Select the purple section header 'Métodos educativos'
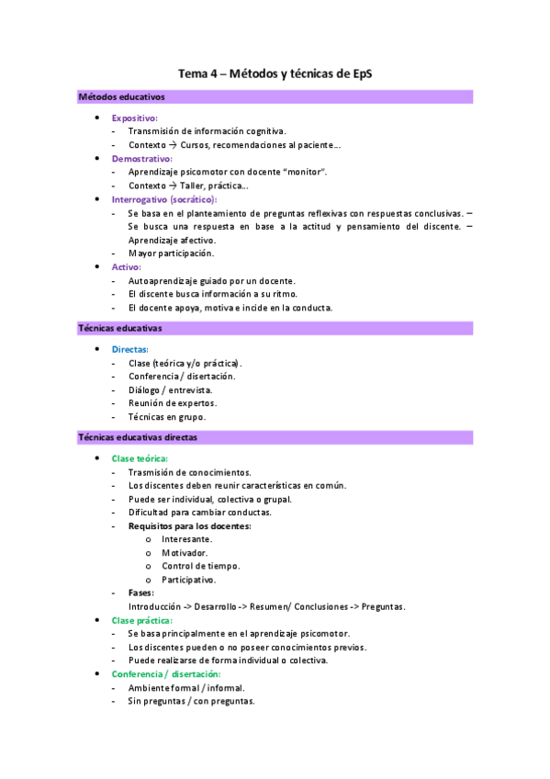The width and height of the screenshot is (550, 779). (121, 96)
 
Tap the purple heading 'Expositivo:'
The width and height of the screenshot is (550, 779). (135, 118)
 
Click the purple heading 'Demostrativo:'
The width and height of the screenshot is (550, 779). (142, 158)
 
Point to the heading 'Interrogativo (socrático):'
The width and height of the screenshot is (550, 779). (164, 198)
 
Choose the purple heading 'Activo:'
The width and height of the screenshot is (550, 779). (127, 266)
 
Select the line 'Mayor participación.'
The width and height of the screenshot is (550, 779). (171, 253)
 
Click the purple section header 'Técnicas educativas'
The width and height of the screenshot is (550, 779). (120, 327)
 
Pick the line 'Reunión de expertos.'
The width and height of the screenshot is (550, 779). (173, 402)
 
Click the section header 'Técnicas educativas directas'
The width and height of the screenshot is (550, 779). (138, 437)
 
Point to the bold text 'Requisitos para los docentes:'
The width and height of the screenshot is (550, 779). (190, 525)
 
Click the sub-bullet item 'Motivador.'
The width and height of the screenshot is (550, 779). (185, 553)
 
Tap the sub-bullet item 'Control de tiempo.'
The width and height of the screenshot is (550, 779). (201, 566)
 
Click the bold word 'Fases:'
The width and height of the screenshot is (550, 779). (141, 593)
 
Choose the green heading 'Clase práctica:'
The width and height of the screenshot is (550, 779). (142, 620)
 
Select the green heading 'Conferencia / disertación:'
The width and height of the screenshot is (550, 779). (166, 674)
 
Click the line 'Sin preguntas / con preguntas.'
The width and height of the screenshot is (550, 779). (192, 701)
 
